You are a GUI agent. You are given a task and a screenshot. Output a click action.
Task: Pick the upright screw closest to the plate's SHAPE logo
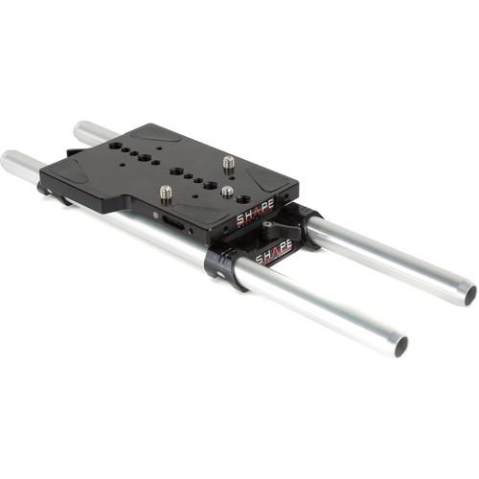[x=227, y=192]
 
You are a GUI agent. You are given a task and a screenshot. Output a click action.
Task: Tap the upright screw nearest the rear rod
[x=229, y=164]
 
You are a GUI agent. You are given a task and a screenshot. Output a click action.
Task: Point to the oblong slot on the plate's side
[x=174, y=223]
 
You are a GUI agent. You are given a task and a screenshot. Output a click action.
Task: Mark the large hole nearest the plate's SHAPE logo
[x=243, y=199]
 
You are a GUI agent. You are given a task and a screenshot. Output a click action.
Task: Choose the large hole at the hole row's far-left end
[x=116, y=147]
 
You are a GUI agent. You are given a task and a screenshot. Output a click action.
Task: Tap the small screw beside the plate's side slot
[x=156, y=216]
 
